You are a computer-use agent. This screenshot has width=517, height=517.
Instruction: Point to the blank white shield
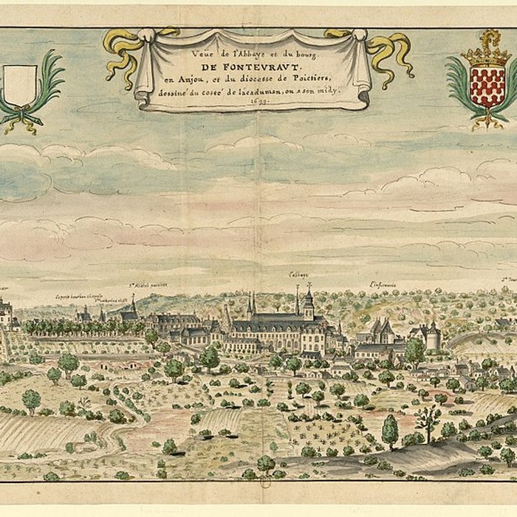(20, 84)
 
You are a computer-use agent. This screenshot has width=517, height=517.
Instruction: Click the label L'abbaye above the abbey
(298, 275)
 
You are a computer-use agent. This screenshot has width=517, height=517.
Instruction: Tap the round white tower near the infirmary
(433, 338)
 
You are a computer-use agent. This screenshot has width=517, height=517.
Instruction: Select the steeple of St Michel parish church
(134, 305)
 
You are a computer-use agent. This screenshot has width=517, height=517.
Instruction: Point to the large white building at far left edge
(4, 313)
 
